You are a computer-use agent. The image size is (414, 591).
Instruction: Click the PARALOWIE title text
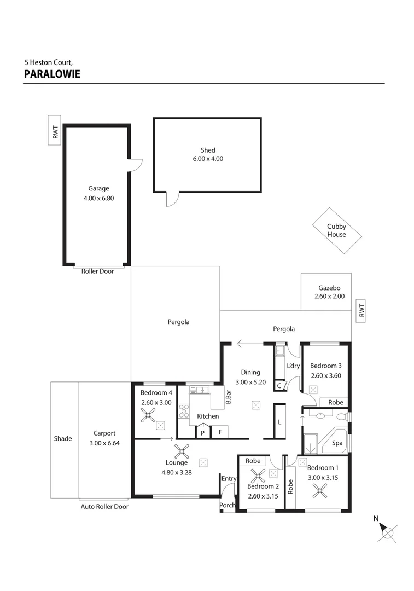[x=52, y=74]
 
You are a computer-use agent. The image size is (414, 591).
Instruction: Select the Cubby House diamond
[x=336, y=230]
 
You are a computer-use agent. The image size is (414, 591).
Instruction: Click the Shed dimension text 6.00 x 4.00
[x=207, y=159]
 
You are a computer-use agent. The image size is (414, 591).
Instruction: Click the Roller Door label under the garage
[x=97, y=271]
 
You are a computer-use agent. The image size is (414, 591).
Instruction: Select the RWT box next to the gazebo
[x=360, y=311]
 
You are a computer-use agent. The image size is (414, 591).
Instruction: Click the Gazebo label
[x=329, y=288]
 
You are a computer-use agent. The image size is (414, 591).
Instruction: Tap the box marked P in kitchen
[x=203, y=432]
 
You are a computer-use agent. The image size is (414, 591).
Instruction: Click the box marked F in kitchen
[x=220, y=432]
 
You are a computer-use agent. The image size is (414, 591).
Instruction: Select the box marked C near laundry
[x=279, y=386]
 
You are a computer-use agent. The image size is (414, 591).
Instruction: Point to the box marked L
[x=279, y=421]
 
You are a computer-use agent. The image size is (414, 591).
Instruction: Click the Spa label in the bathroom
[x=337, y=443]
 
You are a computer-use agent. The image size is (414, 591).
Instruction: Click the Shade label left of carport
[x=63, y=438]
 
